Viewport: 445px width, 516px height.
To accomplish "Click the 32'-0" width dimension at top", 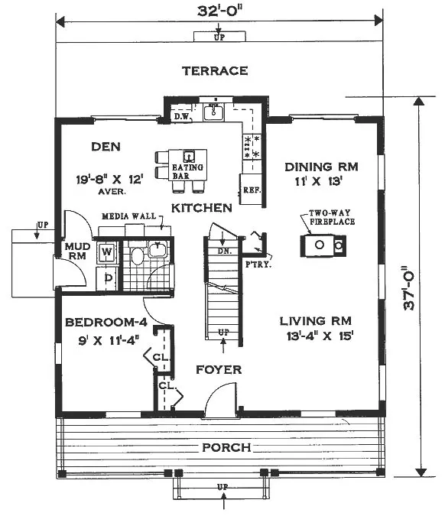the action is click(x=219, y=11).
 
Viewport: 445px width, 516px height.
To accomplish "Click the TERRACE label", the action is click(x=215, y=71).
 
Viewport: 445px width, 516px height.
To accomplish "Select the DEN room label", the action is click(x=106, y=147).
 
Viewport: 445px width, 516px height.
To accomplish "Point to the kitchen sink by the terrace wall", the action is click(x=213, y=112).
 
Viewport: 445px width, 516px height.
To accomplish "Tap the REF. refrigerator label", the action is click(x=252, y=190).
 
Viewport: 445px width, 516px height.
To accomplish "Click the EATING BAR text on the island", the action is click(x=187, y=171).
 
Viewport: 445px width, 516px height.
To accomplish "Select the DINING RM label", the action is click(x=321, y=167).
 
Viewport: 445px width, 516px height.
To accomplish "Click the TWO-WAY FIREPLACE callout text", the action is click(x=332, y=217).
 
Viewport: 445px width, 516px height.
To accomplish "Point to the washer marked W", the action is click(x=106, y=252).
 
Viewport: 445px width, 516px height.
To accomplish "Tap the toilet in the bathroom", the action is click(x=138, y=255).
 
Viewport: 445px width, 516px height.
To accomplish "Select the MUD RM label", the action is click(x=78, y=251).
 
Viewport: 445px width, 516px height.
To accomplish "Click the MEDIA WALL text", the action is click(x=128, y=216).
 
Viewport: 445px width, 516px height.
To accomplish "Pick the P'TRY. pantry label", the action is click(x=258, y=264).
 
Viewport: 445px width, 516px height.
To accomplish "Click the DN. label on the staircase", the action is click(x=225, y=251).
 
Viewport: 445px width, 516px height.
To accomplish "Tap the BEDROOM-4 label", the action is click(x=106, y=322).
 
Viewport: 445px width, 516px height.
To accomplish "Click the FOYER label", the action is click(x=219, y=369).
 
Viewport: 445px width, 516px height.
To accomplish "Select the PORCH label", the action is click(x=226, y=447).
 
